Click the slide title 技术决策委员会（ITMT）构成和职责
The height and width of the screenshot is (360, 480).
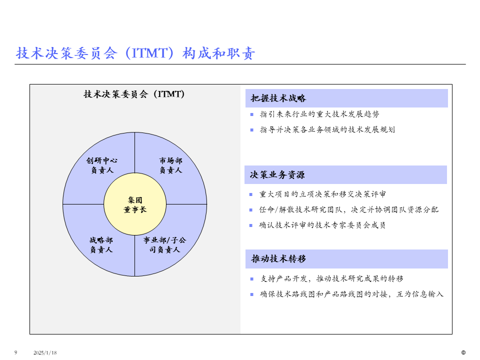[x=135, y=53]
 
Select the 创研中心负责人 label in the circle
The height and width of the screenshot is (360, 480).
[x=102, y=165]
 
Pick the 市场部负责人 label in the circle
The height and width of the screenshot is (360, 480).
[x=170, y=165]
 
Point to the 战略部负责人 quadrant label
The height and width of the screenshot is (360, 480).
[x=101, y=244]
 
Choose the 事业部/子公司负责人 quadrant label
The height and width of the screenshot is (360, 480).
[x=164, y=244]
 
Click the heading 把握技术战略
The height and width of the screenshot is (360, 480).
[x=278, y=98]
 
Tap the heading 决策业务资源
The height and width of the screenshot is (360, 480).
[x=277, y=175]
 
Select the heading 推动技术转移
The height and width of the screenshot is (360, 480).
[x=278, y=259]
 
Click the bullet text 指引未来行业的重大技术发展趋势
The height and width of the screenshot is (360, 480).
[x=319, y=114]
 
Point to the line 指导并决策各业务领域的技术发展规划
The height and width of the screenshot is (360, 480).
[x=327, y=129]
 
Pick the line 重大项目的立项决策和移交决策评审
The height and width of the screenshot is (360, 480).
[x=322, y=194]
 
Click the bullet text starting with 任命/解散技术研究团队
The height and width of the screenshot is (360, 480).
[x=349, y=209]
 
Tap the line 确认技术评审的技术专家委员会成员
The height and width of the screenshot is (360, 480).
[x=322, y=225]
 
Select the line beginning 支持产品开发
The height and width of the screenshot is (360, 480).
[x=332, y=278]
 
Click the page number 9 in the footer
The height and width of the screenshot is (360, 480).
[x=15, y=352]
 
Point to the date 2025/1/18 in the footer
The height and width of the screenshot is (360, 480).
[x=45, y=353]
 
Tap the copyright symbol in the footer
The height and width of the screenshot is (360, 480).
[x=463, y=352]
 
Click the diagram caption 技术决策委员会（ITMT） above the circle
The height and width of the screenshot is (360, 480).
[x=134, y=94]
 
